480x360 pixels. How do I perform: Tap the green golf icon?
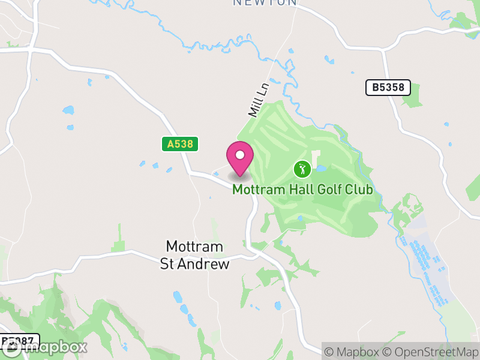[x=302, y=169]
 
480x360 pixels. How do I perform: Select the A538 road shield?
[x=179, y=144]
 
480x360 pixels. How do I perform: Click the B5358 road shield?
[x=388, y=88]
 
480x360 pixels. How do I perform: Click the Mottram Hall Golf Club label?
[x=302, y=190]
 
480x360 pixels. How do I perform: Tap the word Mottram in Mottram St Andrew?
[x=194, y=247]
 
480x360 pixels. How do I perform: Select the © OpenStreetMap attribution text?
[x=430, y=352]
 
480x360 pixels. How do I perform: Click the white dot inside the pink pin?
[x=240, y=155]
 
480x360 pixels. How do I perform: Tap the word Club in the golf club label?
[x=358, y=190]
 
